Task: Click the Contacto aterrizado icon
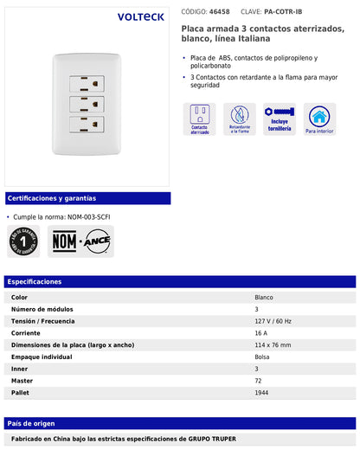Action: (x=200, y=119)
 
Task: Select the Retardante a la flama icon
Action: (x=240, y=119)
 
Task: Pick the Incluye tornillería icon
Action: (x=280, y=119)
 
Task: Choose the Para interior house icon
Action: (x=319, y=119)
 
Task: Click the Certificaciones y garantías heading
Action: (x=51, y=198)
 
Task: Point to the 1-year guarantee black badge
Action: (x=23, y=241)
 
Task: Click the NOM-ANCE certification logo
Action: (x=80, y=241)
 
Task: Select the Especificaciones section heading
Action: (x=35, y=281)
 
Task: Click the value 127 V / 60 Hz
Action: (x=273, y=321)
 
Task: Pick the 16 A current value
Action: (x=260, y=333)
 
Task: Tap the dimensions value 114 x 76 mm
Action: (x=273, y=345)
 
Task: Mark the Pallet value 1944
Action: (x=261, y=393)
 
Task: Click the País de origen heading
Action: (x=32, y=423)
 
